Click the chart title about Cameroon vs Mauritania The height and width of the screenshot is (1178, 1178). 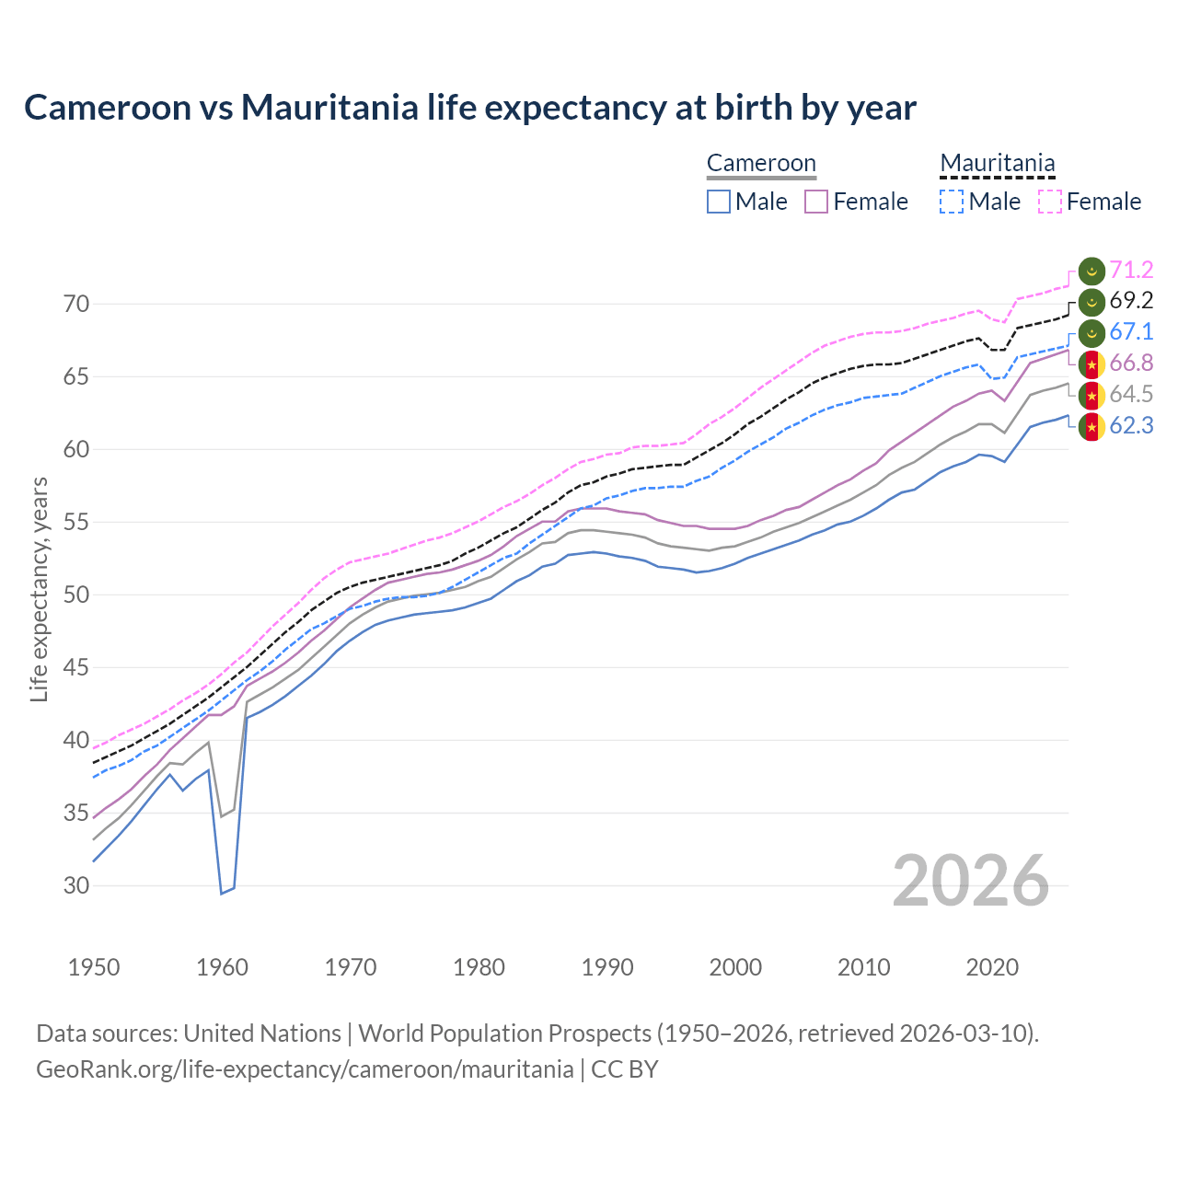coord(469,108)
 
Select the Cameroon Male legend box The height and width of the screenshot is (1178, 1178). coord(719,202)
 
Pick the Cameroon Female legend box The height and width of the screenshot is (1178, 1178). coord(816,202)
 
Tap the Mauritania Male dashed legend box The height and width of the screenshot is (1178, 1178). coord(952,202)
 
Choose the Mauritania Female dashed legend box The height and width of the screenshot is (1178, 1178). coord(1050,202)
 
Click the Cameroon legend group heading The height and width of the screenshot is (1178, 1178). coord(761,164)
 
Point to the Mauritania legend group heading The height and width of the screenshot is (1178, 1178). coord(997,164)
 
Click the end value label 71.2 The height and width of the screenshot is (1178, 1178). coord(1131,270)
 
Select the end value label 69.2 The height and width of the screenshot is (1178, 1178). coord(1131,301)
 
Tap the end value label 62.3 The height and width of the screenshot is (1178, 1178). coord(1131,425)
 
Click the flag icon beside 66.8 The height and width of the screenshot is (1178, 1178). coord(1091,364)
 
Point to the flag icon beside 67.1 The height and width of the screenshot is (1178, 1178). coord(1091,332)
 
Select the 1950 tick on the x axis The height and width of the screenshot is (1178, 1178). coord(94,967)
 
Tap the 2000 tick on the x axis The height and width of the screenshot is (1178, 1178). coord(735,967)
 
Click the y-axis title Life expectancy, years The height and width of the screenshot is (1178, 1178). coord(39,589)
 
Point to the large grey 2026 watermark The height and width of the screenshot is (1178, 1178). coord(970,881)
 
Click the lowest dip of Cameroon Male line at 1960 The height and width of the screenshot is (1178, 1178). coord(221,893)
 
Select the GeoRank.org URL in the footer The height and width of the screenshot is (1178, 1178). coord(305,1069)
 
